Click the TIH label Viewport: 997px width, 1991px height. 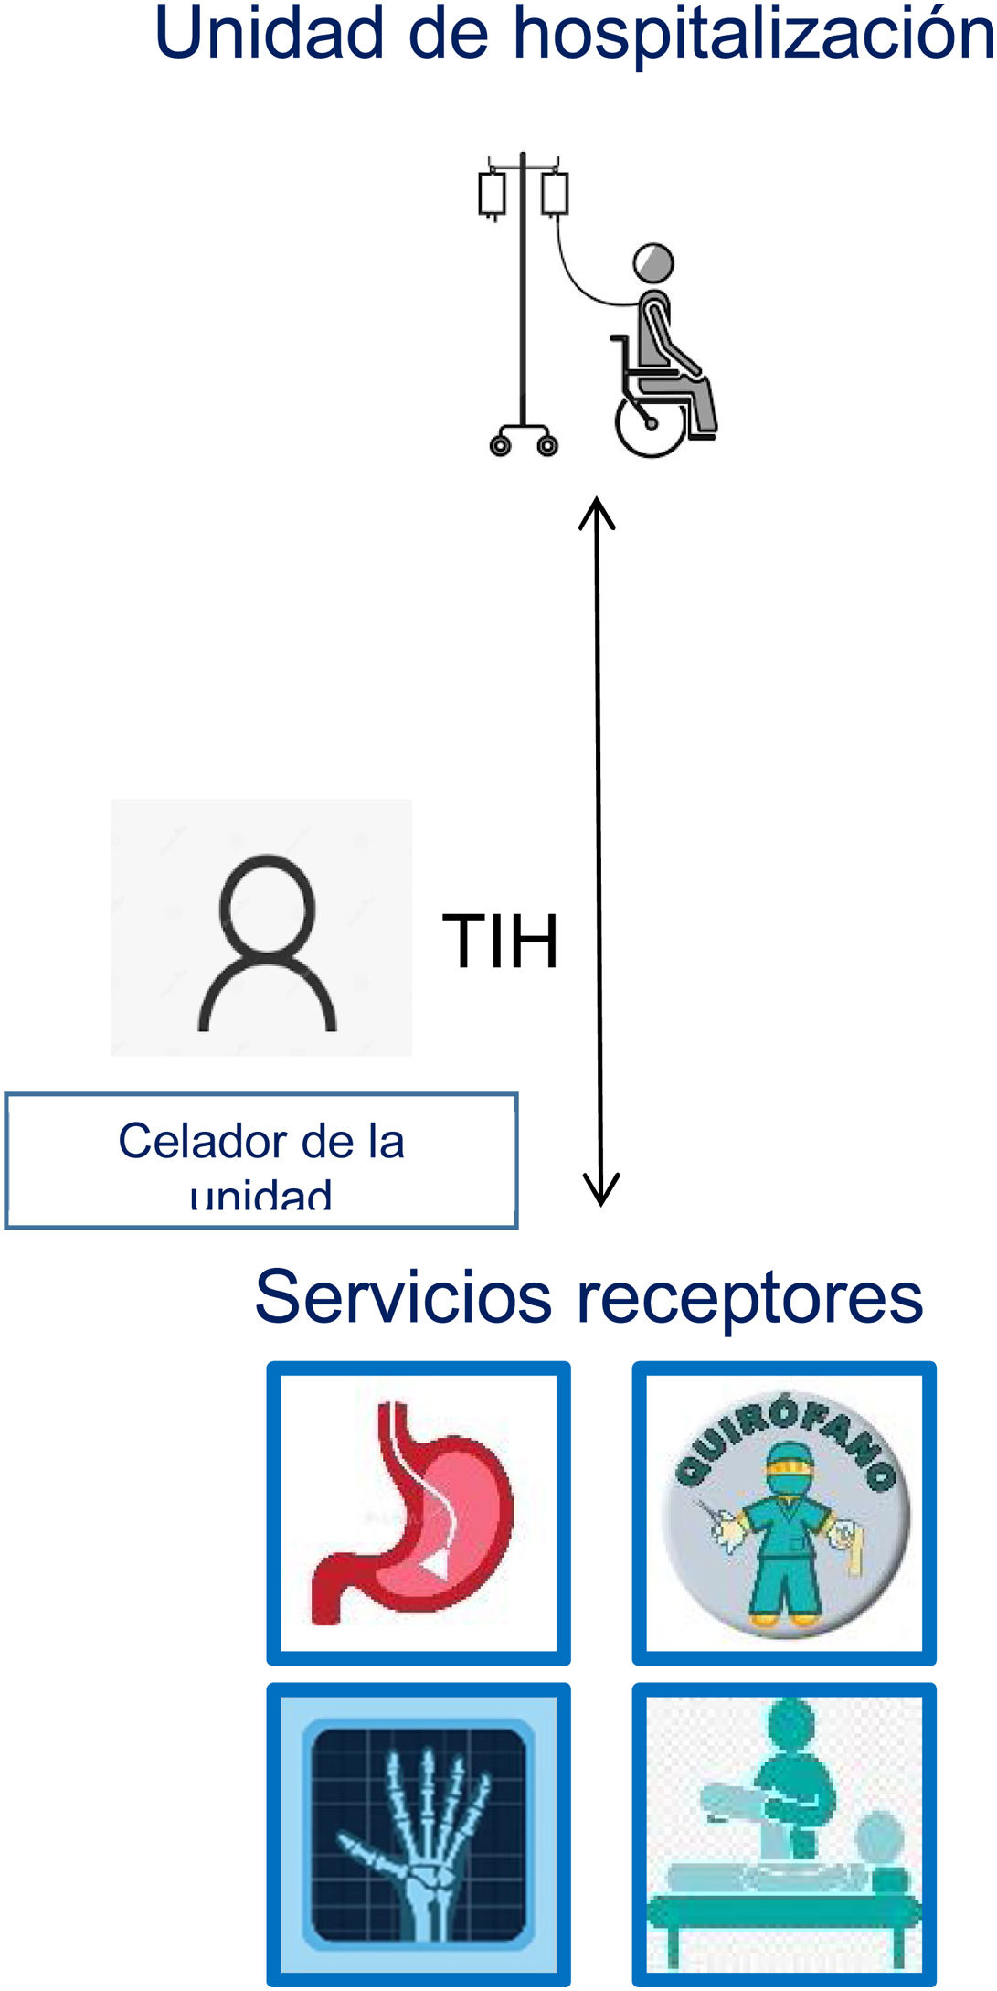[x=500, y=941]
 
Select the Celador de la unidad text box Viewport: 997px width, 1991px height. [x=261, y=1160]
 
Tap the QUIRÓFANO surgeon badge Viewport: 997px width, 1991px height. [x=784, y=1513]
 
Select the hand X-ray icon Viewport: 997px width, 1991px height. [x=419, y=1833]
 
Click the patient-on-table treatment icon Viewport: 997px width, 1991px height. [x=784, y=1833]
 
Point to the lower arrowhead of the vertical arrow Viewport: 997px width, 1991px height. [x=601, y=1192]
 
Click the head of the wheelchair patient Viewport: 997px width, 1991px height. [x=653, y=263]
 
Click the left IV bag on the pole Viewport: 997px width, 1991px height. [x=493, y=194]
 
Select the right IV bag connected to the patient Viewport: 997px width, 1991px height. [x=555, y=194]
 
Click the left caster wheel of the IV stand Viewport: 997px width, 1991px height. [x=500, y=445]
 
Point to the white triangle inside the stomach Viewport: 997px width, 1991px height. [x=438, y=1566]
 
